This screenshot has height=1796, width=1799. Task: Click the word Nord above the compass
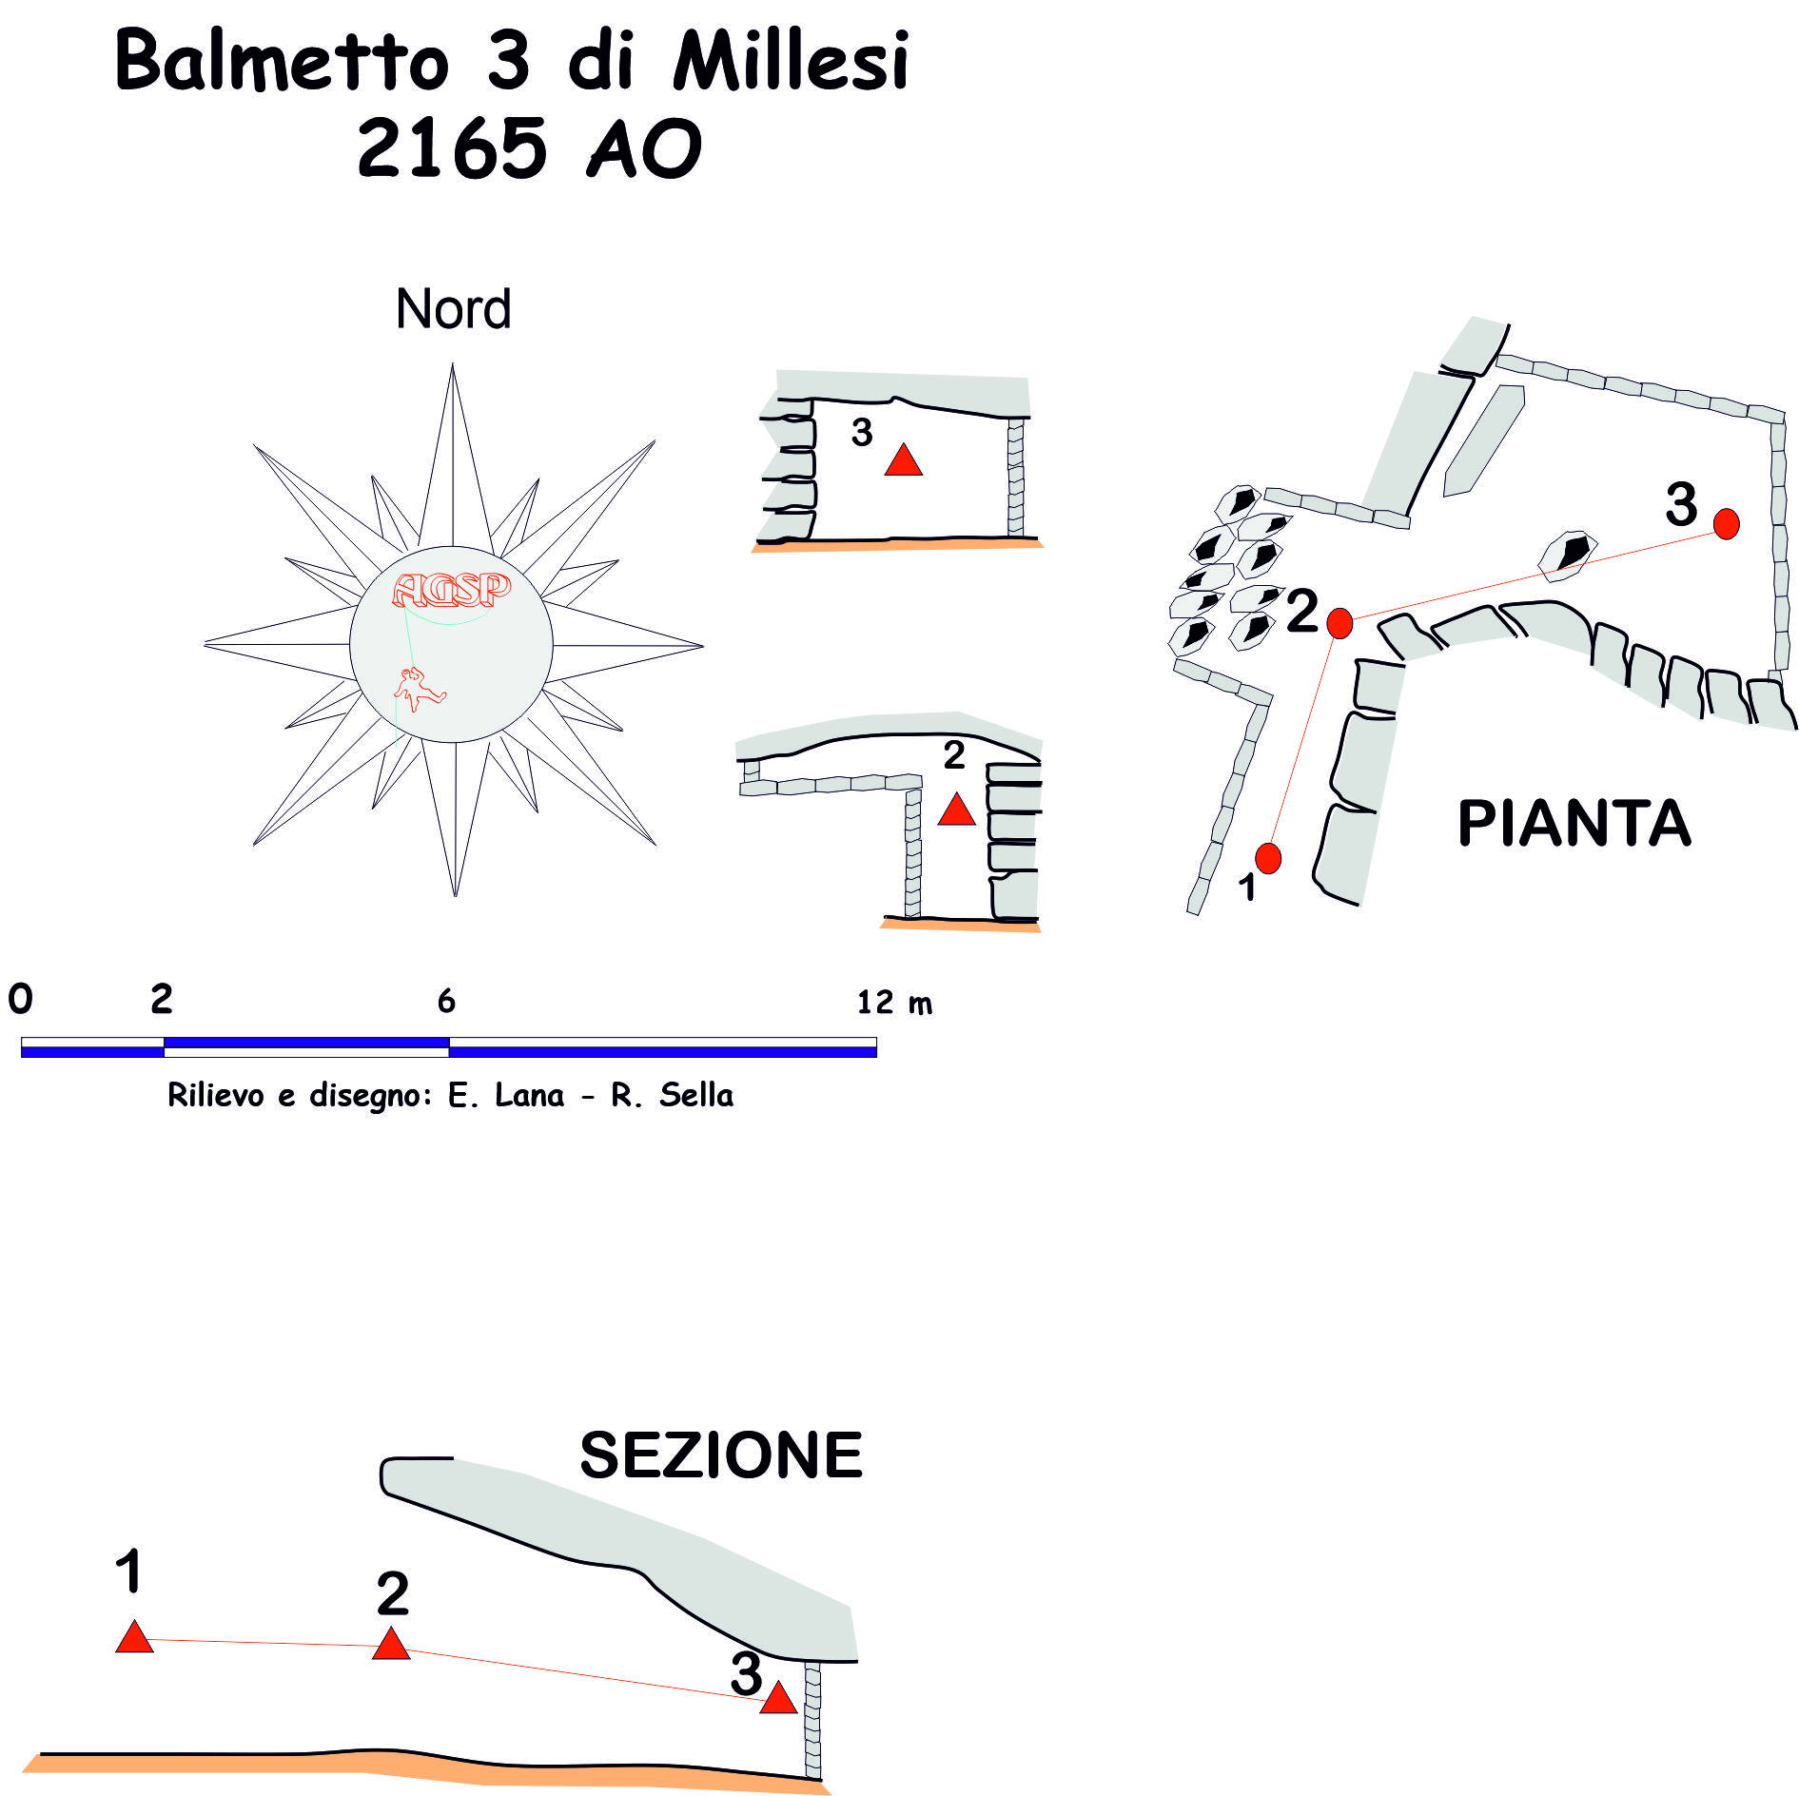(453, 309)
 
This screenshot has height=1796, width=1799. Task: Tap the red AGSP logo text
(451, 590)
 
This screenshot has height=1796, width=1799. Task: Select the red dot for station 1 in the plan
(1268, 858)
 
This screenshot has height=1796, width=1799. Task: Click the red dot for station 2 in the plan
(1339, 623)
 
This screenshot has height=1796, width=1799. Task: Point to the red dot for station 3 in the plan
(1726, 523)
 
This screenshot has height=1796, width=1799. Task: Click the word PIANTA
(1574, 824)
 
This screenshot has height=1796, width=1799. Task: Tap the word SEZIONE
(720, 1455)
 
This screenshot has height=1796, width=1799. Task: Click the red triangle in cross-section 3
(903, 461)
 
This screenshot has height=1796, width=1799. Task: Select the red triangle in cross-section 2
(956, 810)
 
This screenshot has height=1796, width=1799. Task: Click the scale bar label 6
(446, 1001)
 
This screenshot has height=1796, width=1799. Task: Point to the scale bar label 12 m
(893, 1003)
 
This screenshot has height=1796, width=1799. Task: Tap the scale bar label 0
(20, 999)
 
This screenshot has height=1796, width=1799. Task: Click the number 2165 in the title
(452, 148)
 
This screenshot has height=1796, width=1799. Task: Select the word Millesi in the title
(791, 62)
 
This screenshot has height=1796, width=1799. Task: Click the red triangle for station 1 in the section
(134, 1638)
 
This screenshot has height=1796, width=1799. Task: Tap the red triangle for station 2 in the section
(391, 1645)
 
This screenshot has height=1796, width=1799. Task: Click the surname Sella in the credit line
(696, 1095)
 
